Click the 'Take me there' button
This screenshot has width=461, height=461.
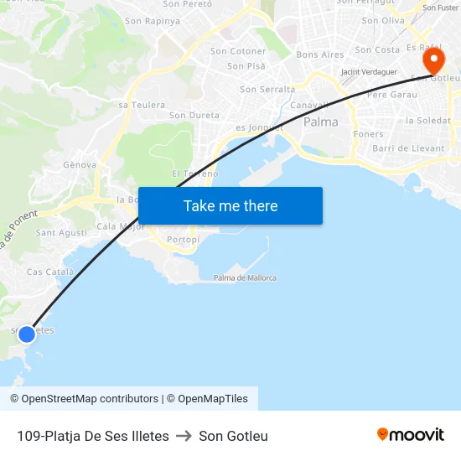point(230,206)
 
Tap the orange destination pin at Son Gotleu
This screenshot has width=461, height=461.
point(433,60)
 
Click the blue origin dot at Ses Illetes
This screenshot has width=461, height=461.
point(27,334)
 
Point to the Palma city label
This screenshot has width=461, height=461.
point(320,122)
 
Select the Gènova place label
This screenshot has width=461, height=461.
point(80,165)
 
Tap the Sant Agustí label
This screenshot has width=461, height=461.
point(61,233)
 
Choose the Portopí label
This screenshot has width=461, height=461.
point(183,240)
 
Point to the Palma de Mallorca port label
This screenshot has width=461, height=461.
point(245,277)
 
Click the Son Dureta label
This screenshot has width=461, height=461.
point(194,116)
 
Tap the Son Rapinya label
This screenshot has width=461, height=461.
point(153,21)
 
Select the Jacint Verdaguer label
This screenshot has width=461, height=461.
point(369,72)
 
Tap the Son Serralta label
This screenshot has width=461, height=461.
point(267,89)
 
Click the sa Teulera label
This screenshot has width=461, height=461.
point(142,105)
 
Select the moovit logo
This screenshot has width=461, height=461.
point(410,434)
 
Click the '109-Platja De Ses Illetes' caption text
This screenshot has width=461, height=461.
point(92,436)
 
